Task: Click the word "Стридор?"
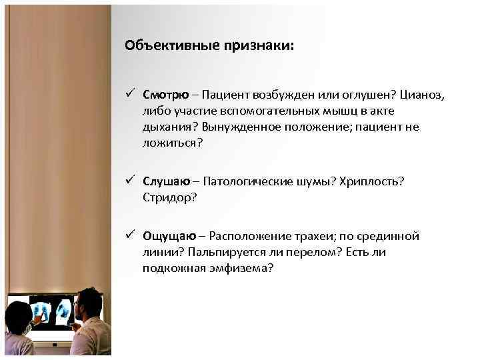tap(169, 197)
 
